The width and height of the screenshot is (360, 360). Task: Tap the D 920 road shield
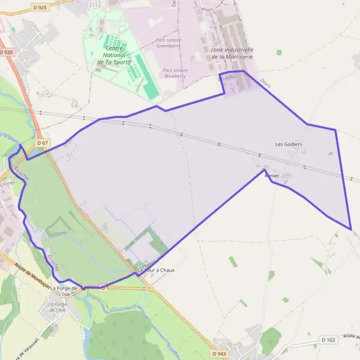7,53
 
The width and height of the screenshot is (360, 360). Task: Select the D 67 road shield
41,143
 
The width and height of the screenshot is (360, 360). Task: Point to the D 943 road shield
218,354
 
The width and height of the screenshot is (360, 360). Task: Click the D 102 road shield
328,340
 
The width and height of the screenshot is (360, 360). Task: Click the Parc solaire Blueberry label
175,73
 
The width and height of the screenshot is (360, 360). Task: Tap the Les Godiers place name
288,144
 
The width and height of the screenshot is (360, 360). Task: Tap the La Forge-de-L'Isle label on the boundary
64,292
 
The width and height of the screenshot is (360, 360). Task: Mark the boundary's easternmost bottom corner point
350,229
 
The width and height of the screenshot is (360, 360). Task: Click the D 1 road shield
104,287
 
